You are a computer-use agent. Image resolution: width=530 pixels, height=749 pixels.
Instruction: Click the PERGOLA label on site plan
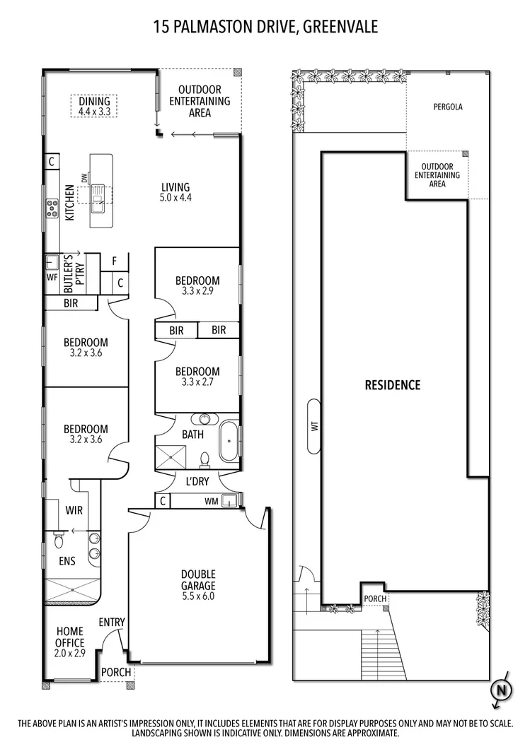(x=448, y=107)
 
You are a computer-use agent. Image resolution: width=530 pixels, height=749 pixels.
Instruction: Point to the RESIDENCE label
(x=392, y=385)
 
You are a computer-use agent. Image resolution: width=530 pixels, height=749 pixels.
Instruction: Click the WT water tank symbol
(x=313, y=426)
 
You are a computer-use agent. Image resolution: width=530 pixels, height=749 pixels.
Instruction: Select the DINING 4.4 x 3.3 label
(x=94, y=106)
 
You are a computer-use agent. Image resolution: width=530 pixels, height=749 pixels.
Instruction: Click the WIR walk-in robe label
(x=76, y=509)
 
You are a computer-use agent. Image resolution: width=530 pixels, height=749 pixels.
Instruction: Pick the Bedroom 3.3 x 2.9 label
(x=197, y=285)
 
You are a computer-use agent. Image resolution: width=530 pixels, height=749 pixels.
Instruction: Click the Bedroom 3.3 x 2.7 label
(x=197, y=377)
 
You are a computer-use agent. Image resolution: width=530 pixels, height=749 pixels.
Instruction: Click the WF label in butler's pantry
(x=52, y=278)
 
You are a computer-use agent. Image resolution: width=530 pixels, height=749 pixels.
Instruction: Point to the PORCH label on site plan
(x=375, y=599)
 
